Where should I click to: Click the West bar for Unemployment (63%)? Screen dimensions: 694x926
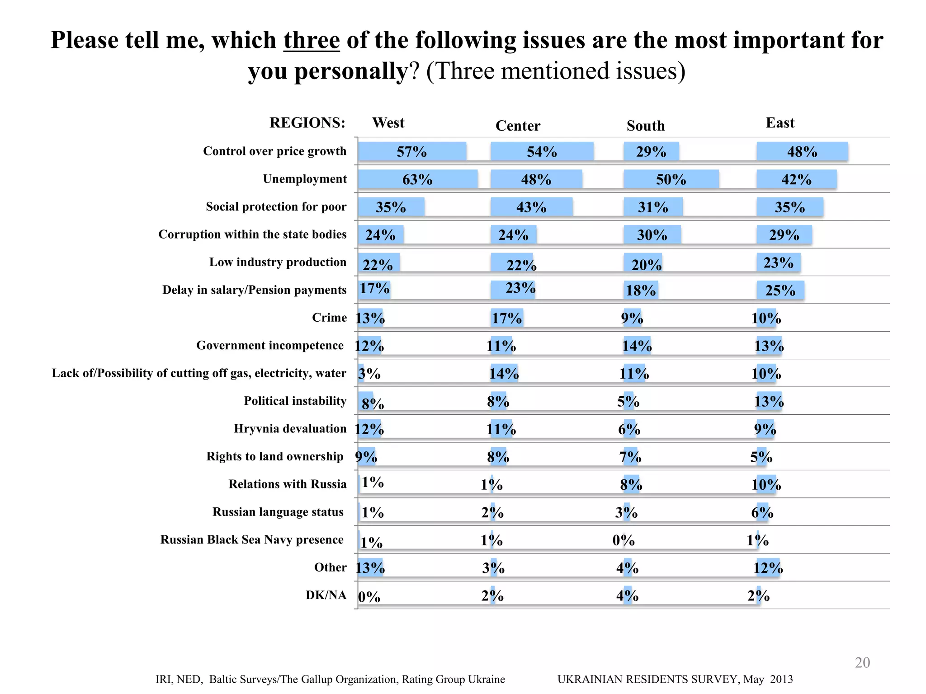[x=417, y=179]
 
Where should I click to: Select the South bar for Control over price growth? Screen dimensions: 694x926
[x=651, y=151]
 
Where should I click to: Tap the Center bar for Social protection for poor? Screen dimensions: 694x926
[x=531, y=207]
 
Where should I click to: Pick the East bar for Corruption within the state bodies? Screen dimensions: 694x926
[x=784, y=235]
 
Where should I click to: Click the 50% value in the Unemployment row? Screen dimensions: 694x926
[x=671, y=179]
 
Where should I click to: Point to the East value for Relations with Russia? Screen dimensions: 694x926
[x=766, y=485]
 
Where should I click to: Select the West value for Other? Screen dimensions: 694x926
[x=370, y=567]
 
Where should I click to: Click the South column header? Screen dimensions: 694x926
[x=646, y=126]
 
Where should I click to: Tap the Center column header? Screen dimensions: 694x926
[x=518, y=126]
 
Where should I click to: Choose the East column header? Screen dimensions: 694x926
[x=780, y=123]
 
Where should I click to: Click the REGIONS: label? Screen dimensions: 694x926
[x=307, y=123]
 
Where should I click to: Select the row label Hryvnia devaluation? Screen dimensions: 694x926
[x=290, y=428]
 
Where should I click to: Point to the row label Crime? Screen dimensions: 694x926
[x=329, y=318]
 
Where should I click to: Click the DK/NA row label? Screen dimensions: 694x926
[x=326, y=595]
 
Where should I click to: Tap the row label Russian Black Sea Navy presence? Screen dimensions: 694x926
[x=252, y=539]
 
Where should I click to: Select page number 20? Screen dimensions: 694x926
[x=862, y=662]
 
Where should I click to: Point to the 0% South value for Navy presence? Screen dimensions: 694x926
[x=624, y=540]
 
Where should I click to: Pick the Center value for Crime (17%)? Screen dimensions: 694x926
[x=506, y=318]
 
